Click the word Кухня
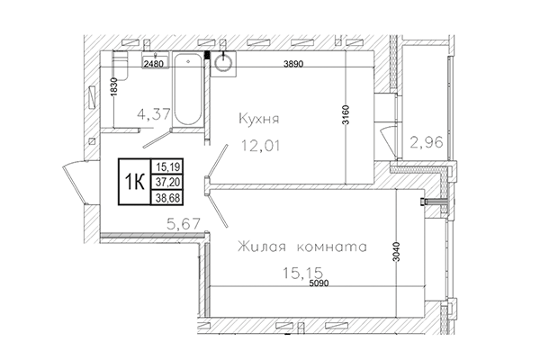pos(260,118)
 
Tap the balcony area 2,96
pos(425,141)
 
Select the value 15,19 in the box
pos(166,166)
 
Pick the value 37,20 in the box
pos(166,180)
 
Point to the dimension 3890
pos(292,64)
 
